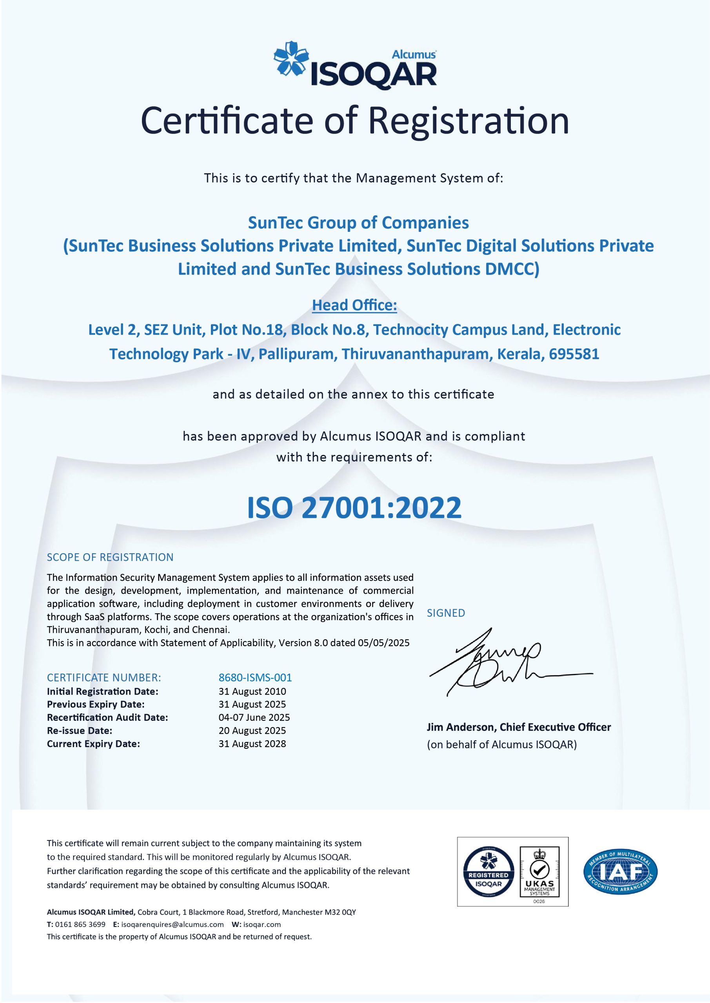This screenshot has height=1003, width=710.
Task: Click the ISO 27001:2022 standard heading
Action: click(x=354, y=508)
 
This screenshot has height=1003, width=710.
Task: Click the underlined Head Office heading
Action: click(x=354, y=305)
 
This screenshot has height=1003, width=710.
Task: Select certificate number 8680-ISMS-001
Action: click(x=255, y=677)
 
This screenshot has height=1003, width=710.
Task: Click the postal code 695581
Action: click(x=574, y=354)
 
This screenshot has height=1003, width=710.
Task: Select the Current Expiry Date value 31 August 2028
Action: click(x=252, y=744)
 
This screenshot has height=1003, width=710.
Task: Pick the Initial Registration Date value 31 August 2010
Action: click(x=252, y=691)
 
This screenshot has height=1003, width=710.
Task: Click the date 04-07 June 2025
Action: click(x=254, y=717)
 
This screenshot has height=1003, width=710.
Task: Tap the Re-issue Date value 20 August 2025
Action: click(x=252, y=730)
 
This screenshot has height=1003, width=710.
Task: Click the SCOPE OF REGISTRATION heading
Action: click(x=110, y=557)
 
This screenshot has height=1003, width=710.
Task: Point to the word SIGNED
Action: click(x=446, y=613)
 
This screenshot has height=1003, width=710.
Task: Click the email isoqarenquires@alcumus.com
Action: click(x=172, y=924)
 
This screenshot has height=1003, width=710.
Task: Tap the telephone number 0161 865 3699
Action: click(x=80, y=924)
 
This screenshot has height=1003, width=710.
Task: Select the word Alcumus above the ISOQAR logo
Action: click(x=413, y=54)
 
